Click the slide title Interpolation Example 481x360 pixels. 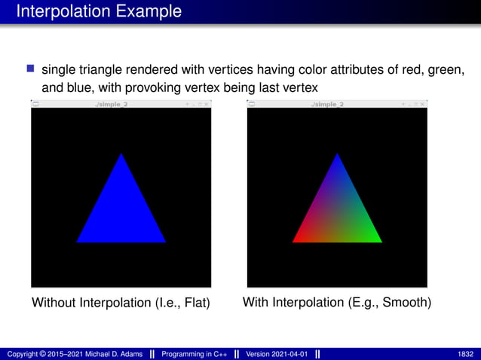99,11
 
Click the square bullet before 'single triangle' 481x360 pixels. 31,69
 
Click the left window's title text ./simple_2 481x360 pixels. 111,103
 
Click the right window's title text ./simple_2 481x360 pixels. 326,103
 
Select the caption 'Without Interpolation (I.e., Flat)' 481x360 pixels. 120,304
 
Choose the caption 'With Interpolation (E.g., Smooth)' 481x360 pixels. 337,303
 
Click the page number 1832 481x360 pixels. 465,353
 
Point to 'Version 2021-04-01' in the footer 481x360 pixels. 277,353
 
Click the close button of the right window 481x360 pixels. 423,103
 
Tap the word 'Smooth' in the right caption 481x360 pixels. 406,303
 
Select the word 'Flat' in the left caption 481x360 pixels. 193,304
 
